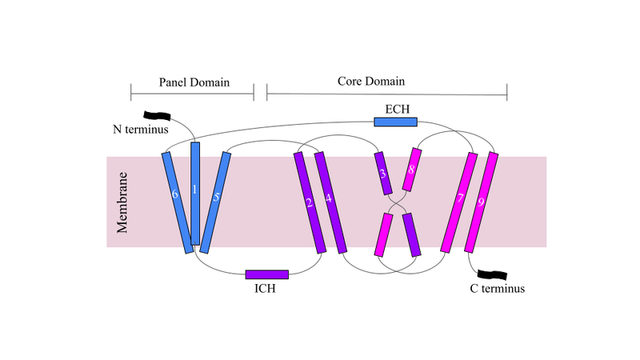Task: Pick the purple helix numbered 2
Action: click(x=310, y=202)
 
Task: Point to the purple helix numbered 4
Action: click(x=330, y=202)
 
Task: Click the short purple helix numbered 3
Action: click(x=383, y=173)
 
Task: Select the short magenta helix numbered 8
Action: click(x=411, y=170)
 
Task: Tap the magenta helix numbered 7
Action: click(x=460, y=202)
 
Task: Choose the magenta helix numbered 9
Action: click(x=481, y=202)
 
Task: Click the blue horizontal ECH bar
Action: click(x=396, y=122)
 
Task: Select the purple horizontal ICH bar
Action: click(x=266, y=274)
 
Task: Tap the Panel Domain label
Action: click(x=194, y=82)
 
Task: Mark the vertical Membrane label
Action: click(x=123, y=202)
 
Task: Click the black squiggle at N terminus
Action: click(x=154, y=117)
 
